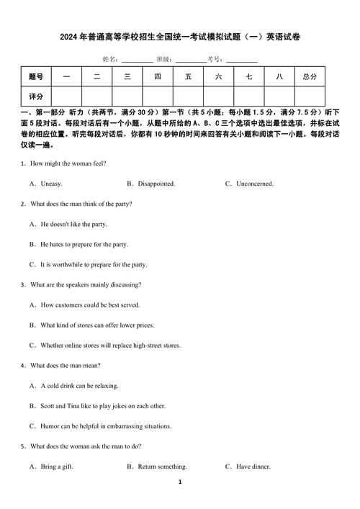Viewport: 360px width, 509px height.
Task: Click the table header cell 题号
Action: tap(36, 76)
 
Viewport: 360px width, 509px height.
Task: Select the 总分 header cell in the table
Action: tap(310, 76)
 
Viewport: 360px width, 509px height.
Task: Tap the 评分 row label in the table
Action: tap(36, 96)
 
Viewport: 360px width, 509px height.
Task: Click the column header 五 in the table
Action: tap(188, 76)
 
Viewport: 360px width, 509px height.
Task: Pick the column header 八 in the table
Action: tap(279, 76)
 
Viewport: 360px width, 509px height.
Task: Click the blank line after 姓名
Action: tap(137, 60)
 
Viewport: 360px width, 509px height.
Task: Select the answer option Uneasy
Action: tap(51, 184)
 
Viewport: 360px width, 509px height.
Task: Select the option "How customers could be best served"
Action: tap(90, 305)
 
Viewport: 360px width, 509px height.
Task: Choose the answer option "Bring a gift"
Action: tap(57, 467)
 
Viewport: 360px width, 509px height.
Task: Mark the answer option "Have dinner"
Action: tap(253, 467)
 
